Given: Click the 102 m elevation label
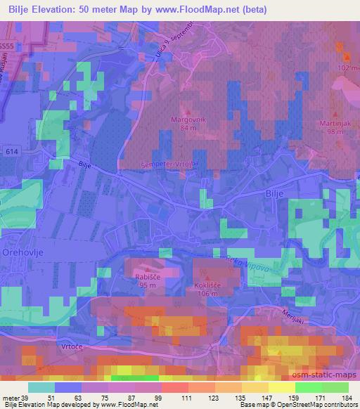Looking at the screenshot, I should (347, 67).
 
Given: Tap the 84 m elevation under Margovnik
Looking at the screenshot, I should (187, 129).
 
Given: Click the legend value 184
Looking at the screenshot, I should (346, 397).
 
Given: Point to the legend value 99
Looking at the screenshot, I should (158, 397).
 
